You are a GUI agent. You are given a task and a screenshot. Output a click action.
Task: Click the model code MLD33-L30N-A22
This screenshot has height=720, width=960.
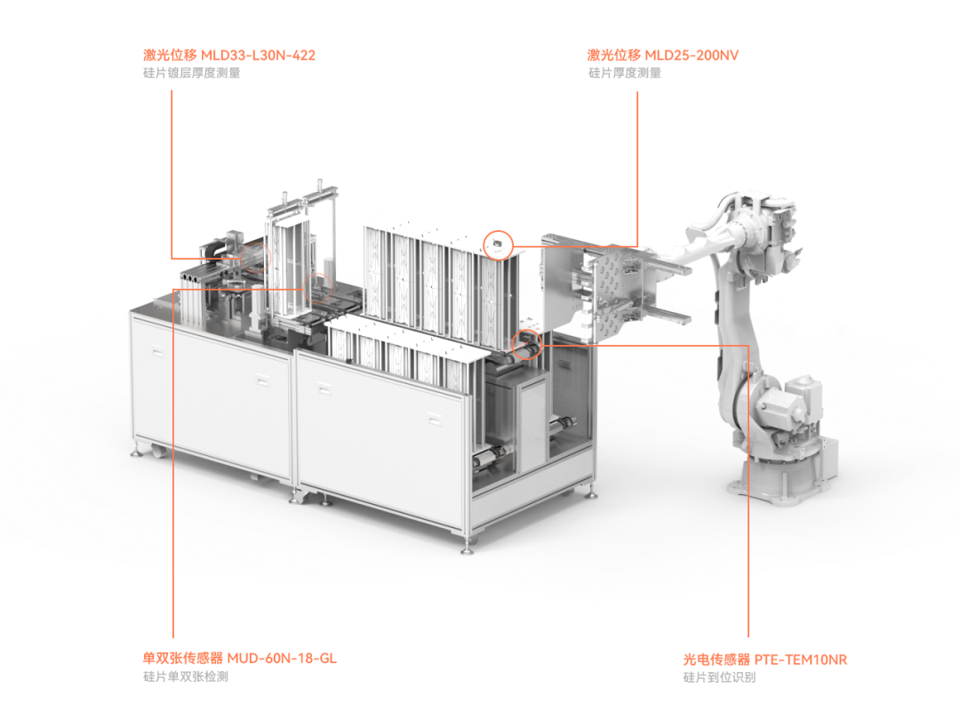[258, 55]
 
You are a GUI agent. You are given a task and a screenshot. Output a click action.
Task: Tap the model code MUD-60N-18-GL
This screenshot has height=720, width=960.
[282, 659]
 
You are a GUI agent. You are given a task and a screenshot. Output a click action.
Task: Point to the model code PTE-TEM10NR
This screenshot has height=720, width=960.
[800, 660]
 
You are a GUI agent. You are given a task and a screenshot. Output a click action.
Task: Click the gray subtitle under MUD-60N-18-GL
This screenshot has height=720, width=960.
[186, 676]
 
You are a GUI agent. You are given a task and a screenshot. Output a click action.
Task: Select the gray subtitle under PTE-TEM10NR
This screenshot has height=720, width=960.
[719, 677]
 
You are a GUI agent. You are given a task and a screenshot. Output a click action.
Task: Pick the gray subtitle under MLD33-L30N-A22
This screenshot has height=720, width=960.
[191, 73]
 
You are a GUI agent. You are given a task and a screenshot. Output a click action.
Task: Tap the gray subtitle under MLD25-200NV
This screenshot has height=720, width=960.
[624, 73]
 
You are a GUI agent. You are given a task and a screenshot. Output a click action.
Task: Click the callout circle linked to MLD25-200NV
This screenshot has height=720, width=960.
[498, 243]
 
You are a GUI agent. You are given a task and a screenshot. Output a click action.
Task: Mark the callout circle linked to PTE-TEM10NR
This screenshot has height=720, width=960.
[526, 343]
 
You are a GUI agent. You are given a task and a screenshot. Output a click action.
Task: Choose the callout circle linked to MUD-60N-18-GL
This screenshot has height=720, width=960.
[316, 285]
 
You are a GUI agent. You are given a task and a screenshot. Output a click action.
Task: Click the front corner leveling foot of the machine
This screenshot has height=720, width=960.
[465, 544]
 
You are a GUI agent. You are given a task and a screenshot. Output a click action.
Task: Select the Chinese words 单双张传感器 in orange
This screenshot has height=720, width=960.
[183, 659]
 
